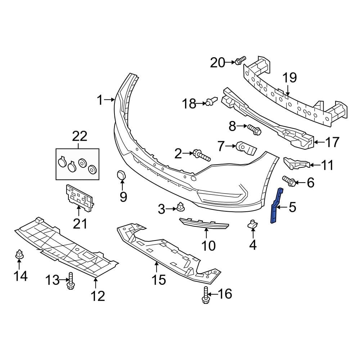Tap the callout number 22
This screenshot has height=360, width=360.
(x=80, y=136)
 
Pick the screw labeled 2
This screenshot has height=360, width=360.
(x=201, y=156)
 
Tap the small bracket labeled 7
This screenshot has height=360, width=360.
(x=246, y=148)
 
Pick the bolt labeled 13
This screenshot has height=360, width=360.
(x=71, y=281)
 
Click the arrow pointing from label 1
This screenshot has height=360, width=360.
(x=110, y=100)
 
